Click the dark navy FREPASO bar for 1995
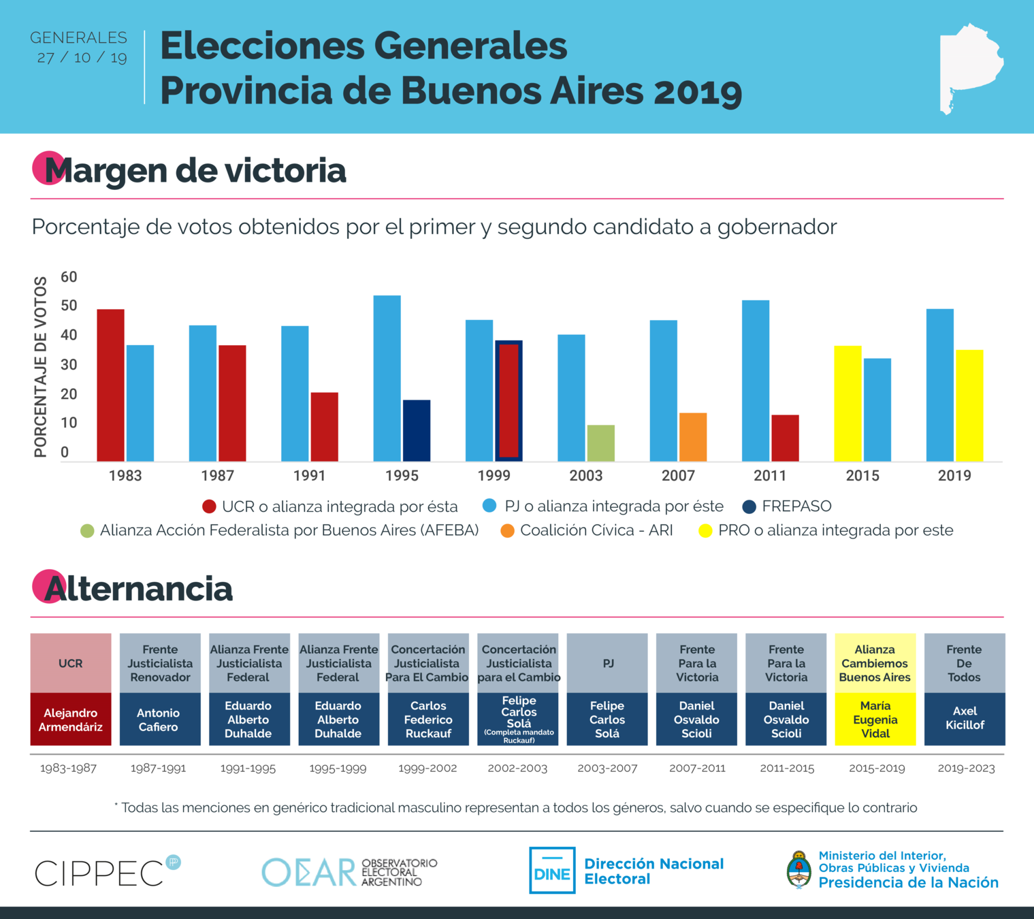(x=417, y=430)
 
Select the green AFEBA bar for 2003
(x=600, y=443)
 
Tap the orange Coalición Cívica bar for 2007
(x=693, y=437)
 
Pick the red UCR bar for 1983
(x=110, y=385)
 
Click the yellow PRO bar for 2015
(x=847, y=403)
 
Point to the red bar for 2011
(x=785, y=438)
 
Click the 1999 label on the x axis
(x=494, y=476)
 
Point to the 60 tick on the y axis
(x=69, y=277)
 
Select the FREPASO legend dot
(x=749, y=506)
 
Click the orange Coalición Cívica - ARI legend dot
(x=507, y=531)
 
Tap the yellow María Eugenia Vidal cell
(x=875, y=720)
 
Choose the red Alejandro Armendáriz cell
(x=71, y=720)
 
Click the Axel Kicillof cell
(x=965, y=719)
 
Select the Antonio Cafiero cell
(x=159, y=720)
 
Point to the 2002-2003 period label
(x=517, y=769)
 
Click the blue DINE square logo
(x=552, y=870)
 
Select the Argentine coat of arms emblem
(x=798, y=870)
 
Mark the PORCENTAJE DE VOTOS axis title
(x=41, y=366)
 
